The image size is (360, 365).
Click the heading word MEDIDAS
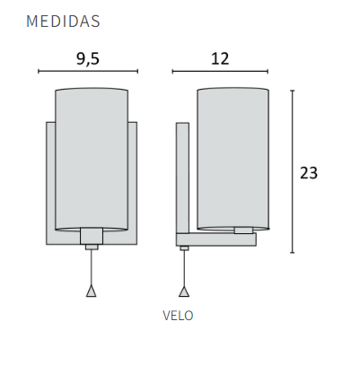(x=63, y=21)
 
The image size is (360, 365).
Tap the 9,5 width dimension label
(x=88, y=59)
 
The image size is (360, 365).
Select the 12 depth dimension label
(x=220, y=59)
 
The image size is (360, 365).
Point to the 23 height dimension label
(x=309, y=173)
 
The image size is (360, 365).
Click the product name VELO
(x=178, y=316)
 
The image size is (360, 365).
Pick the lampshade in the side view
(x=233, y=157)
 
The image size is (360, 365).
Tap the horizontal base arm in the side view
(x=216, y=239)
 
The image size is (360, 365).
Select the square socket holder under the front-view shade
(x=91, y=237)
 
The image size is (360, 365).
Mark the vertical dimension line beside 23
(x=293, y=170)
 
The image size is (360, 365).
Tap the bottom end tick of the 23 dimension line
(x=293, y=252)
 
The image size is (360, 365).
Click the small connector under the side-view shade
(x=242, y=230)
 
